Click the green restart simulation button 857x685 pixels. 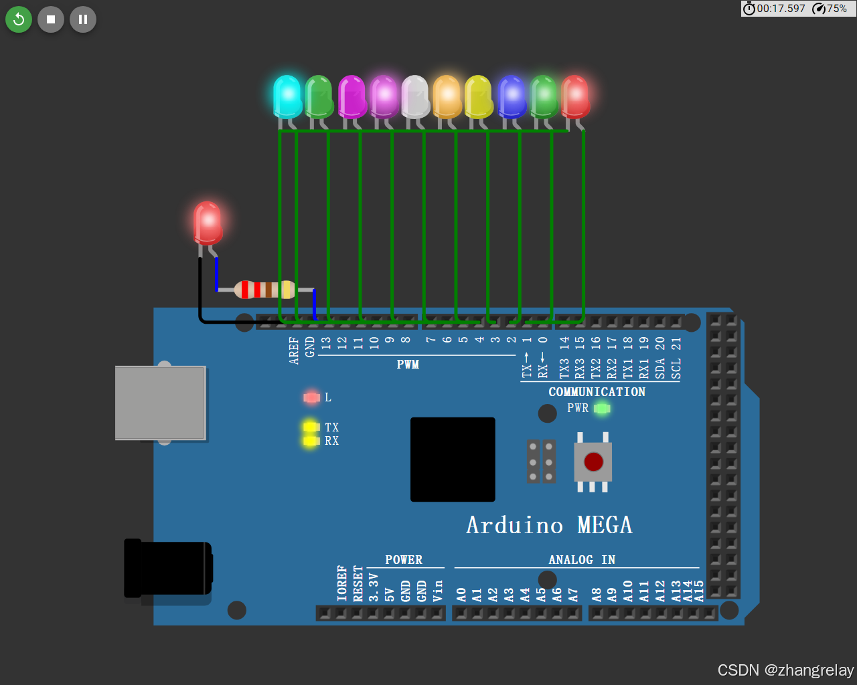pyautogui.click(x=19, y=19)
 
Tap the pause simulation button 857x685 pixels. pyautogui.click(x=83, y=19)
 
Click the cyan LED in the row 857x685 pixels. pyautogui.click(x=288, y=96)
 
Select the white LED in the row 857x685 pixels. pyautogui.click(x=415, y=96)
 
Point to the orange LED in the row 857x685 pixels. pyautogui.click(x=447, y=96)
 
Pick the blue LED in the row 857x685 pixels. pyautogui.click(x=512, y=96)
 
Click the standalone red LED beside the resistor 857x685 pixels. pyautogui.click(x=208, y=223)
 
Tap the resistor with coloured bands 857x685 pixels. pyautogui.click(x=265, y=290)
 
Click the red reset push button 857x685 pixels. pyautogui.click(x=593, y=462)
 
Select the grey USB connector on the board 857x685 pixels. pyautogui.click(x=160, y=403)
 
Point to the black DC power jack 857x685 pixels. pyautogui.click(x=167, y=568)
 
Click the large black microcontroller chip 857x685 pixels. pyautogui.click(x=453, y=460)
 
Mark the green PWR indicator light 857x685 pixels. pyautogui.click(x=602, y=408)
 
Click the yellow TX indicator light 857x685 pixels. pyautogui.click(x=311, y=427)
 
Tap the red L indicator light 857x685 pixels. pyautogui.click(x=311, y=397)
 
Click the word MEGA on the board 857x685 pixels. pyautogui.click(x=605, y=525)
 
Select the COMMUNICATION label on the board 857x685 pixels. pyautogui.click(x=597, y=392)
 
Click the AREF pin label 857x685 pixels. pyautogui.click(x=294, y=351)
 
